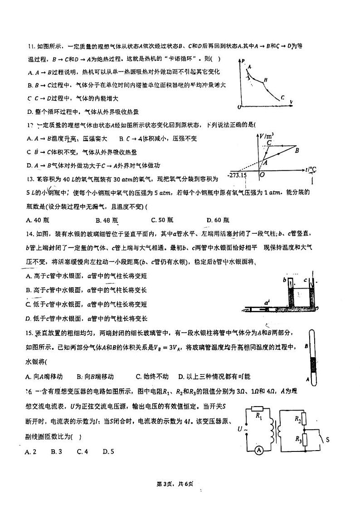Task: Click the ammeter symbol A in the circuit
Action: (x=258, y=450)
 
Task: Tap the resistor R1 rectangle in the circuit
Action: (x=258, y=408)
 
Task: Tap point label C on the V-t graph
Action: (x=269, y=142)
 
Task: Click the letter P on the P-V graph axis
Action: (x=243, y=61)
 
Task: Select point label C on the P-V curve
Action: (x=282, y=97)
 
